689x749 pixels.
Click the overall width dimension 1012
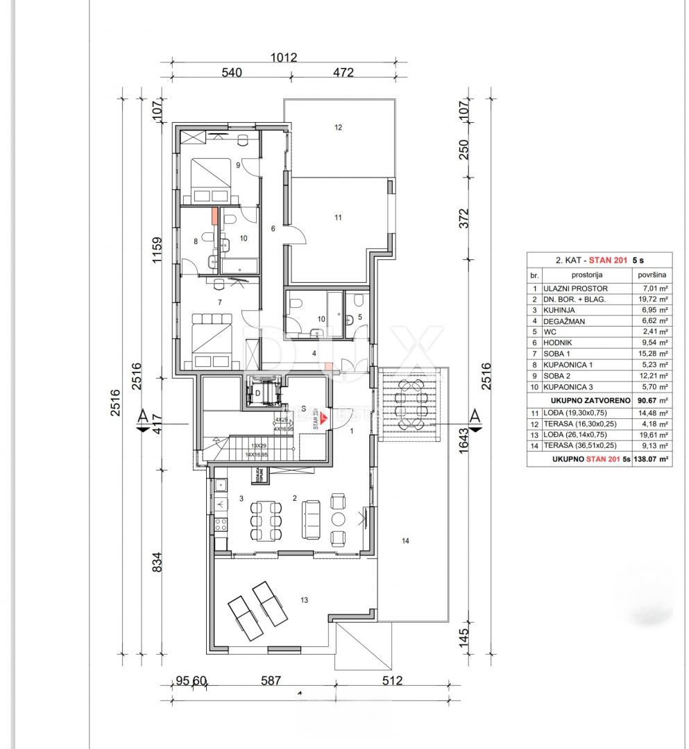(x=284, y=58)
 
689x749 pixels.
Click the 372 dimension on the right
(x=466, y=218)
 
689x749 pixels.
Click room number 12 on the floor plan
(x=338, y=128)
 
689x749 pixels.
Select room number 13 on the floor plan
(x=305, y=601)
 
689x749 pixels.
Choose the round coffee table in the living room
(x=337, y=519)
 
